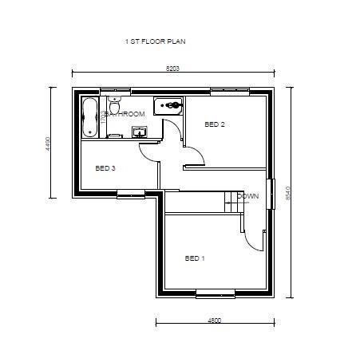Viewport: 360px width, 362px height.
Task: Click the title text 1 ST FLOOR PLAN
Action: pyautogui.click(x=156, y=41)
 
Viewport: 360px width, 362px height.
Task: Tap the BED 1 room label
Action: pyautogui.click(x=195, y=258)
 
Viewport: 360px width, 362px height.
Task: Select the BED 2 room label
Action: pyautogui.click(x=215, y=124)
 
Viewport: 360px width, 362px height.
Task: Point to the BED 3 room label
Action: pyautogui.click(x=105, y=168)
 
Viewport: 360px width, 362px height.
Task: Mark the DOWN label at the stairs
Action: pyautogui.click(x=247, y=196)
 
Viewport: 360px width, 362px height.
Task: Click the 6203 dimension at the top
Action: pyautogui.click(x=172, y=69)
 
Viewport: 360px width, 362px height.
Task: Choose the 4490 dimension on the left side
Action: pyautogui.click(x=49, y=144)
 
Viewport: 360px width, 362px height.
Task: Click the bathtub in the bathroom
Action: pyautogui.click(x=89, y=117)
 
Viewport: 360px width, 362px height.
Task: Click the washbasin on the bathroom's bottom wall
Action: pyautogui.click(x=115, y=134)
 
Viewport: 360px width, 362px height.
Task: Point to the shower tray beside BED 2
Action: pyautogui.click(x=169, y=105)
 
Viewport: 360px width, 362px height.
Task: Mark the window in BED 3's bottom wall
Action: pyautogui.click(x=129, y=193)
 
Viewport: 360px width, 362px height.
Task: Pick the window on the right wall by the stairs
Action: pyautogui.click(x=272, y=192)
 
